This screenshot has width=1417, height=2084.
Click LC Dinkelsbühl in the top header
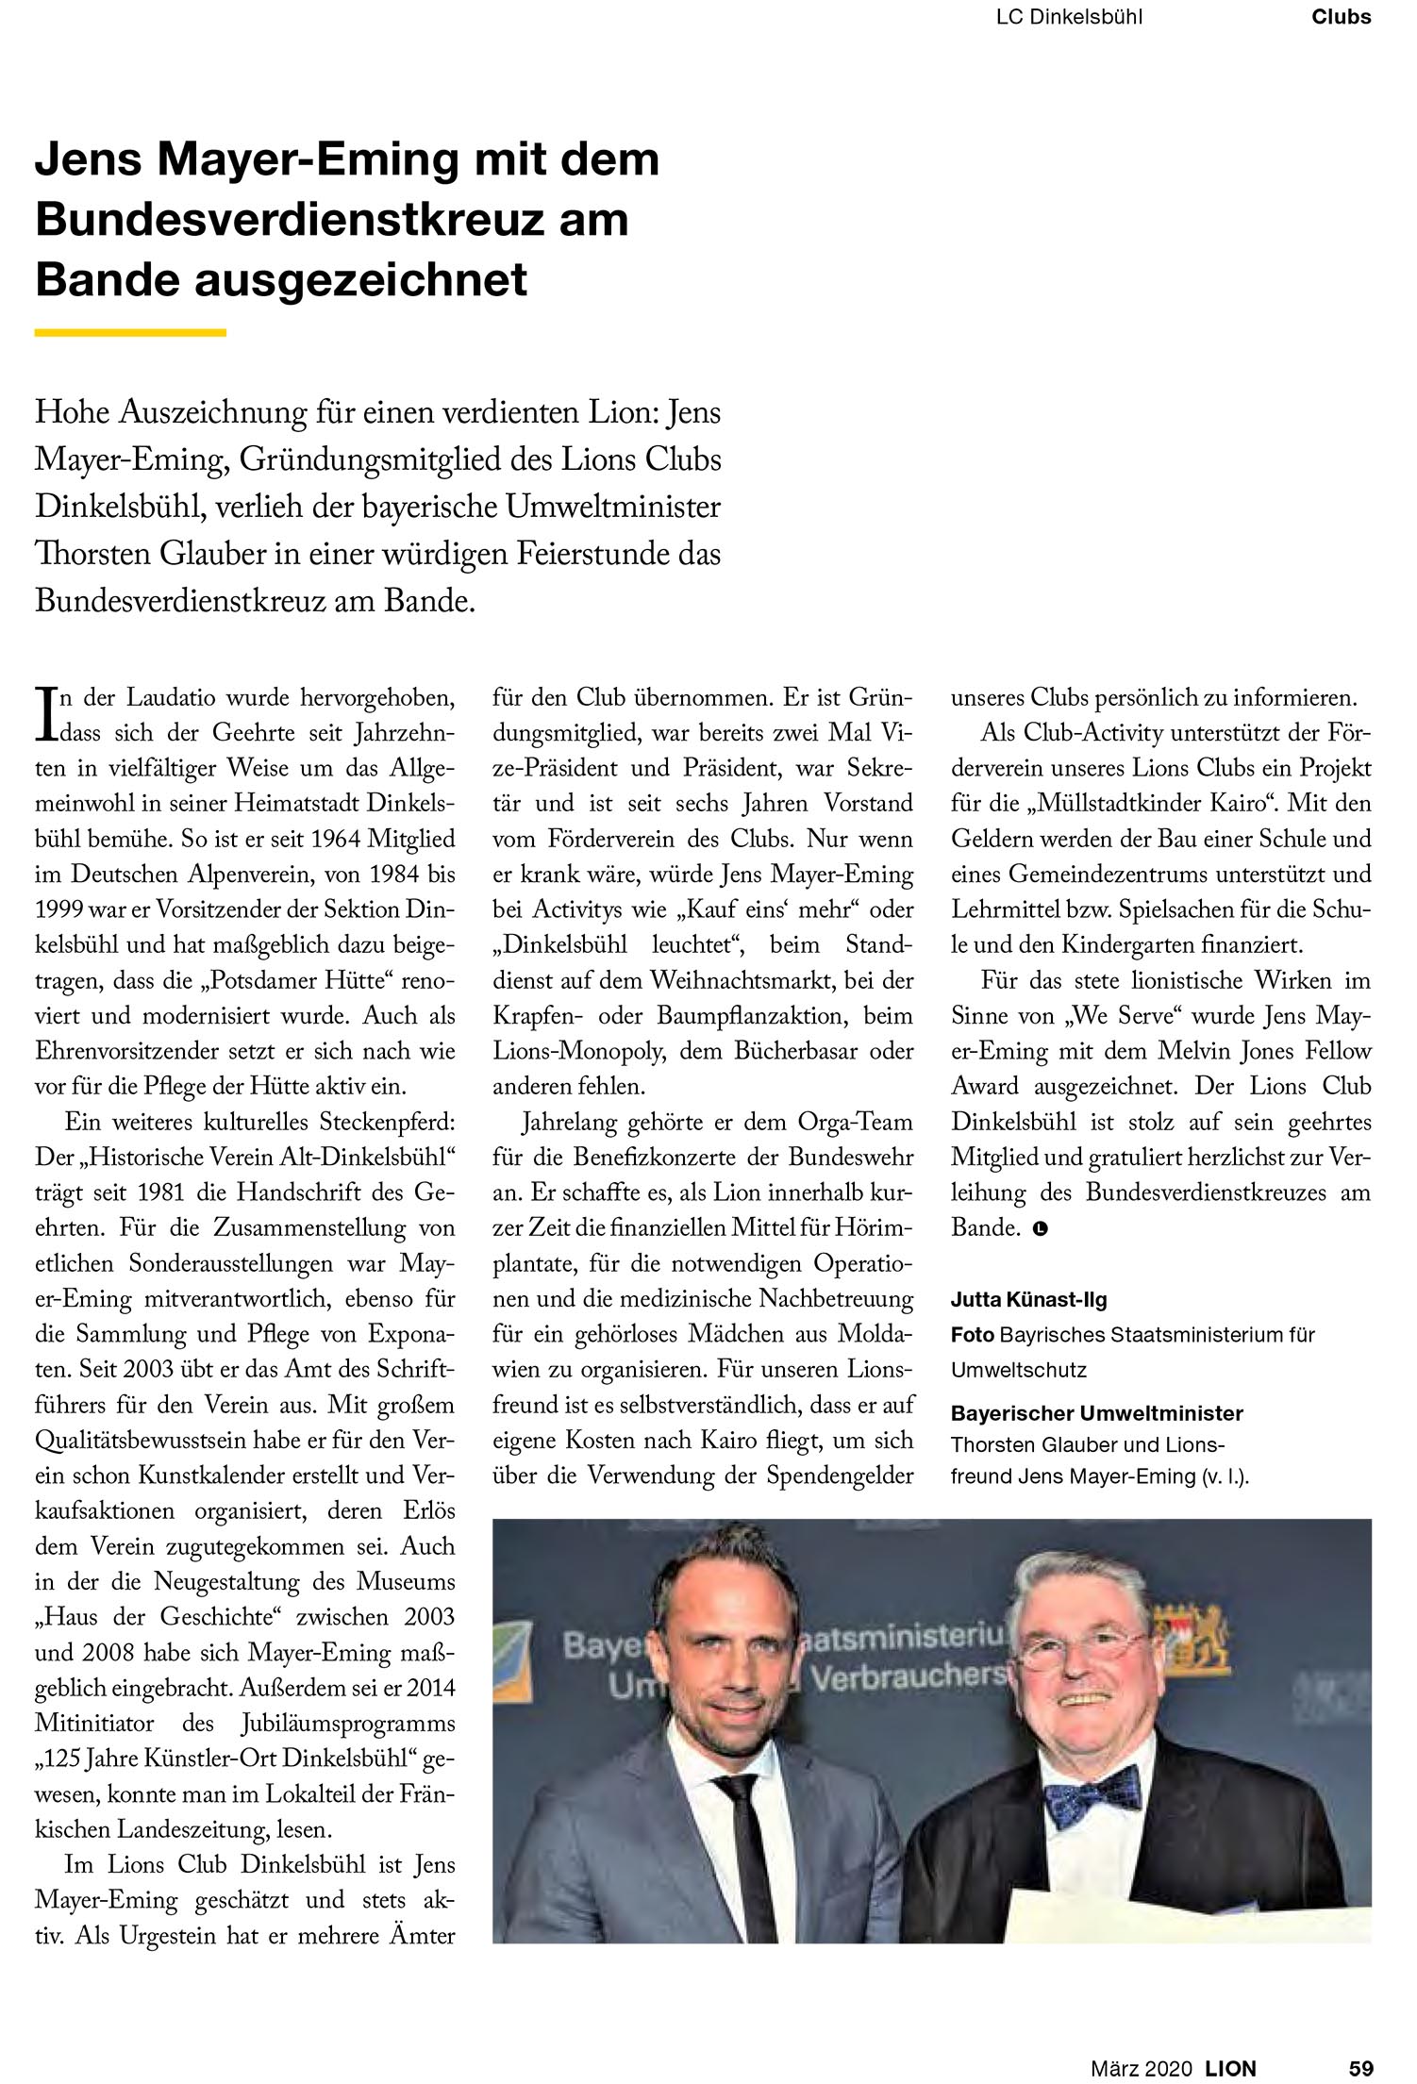[x=1069, y=16]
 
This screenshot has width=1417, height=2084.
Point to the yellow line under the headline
[x=130, y=332]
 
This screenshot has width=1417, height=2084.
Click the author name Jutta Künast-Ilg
[x=1028, y=1300]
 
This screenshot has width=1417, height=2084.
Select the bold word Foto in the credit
[x=972, y=1335]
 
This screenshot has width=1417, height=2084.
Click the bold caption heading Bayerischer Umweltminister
[x=1096, y=1413]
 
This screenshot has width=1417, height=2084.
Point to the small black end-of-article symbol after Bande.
[x=1040, y=1228]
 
